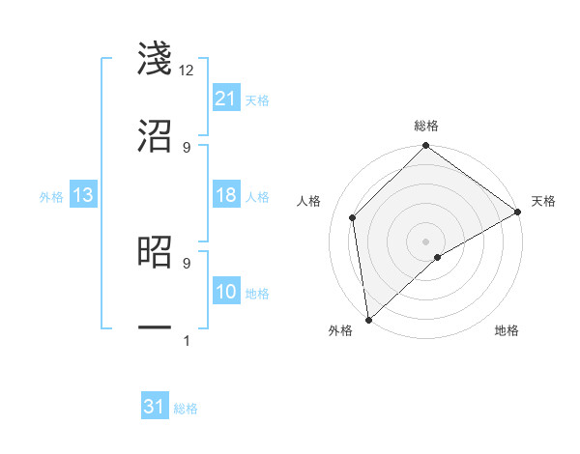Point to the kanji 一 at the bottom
point(155,328)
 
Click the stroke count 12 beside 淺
point(187,71)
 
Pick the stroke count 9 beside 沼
point(187,147)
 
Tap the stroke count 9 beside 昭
point(187,262)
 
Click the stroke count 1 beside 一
point(187,341)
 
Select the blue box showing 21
point(226,99)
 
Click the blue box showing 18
point(226,195)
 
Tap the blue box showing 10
point(226,292)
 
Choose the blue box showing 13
point(83,195)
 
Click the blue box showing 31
point(155,407)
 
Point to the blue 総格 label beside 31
point(186,409)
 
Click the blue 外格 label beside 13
point(51,197)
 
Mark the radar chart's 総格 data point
point(425,147)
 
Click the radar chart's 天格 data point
point(517,213)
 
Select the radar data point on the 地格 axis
point(438,257)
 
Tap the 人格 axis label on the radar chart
point(310,201)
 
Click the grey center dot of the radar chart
point(425,241)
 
